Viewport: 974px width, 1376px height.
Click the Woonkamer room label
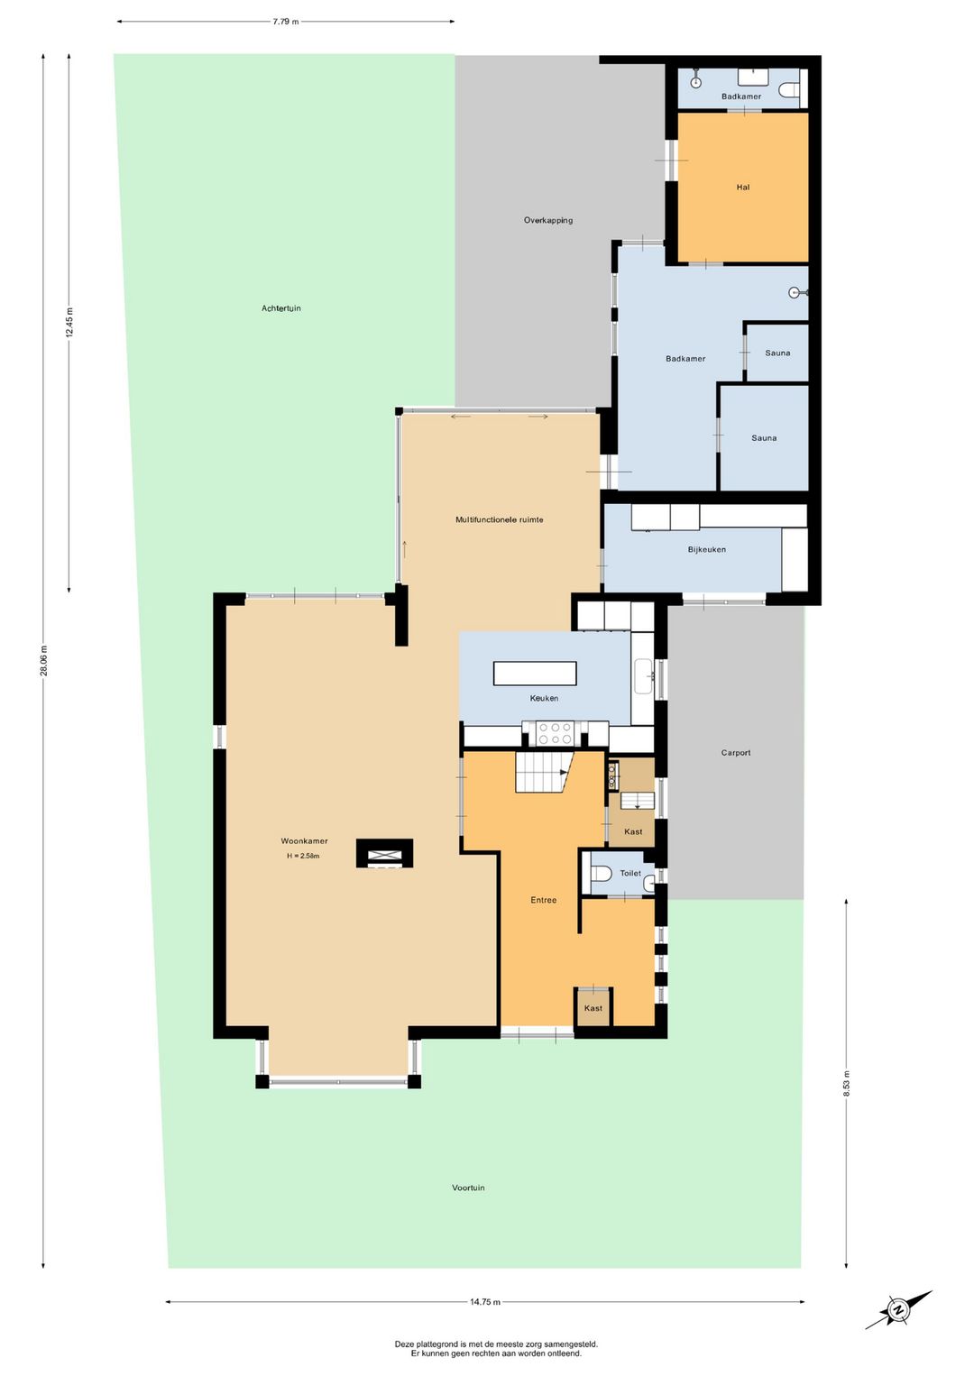tap(304, 841)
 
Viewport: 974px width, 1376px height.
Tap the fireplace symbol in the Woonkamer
tap(385, 853)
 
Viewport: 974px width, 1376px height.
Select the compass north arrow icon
tap(898, 1292)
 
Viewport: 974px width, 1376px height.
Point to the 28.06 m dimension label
tap(43, 660)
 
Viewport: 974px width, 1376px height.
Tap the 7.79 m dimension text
tap(286, 22)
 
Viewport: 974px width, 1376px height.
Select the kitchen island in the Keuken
tap(535, 674)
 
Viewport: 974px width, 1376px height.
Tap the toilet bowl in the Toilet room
tap(601, 873)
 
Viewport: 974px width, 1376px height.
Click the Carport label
tap(736, 753)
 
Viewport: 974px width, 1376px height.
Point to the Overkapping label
tap(548, 220)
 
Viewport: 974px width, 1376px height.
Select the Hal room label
tap(743, 188)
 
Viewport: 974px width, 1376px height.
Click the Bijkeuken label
tap(707, 549)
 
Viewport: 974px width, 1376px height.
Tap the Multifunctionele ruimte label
tap(499, 519)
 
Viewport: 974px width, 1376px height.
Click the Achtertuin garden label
tap(281, 308)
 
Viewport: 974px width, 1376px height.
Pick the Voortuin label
tap(468, 1188)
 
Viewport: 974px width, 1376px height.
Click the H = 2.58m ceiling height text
tap(303, 856)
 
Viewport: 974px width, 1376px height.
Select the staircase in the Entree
tap(544, 772)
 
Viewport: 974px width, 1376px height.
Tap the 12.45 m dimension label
tap(69, 322)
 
